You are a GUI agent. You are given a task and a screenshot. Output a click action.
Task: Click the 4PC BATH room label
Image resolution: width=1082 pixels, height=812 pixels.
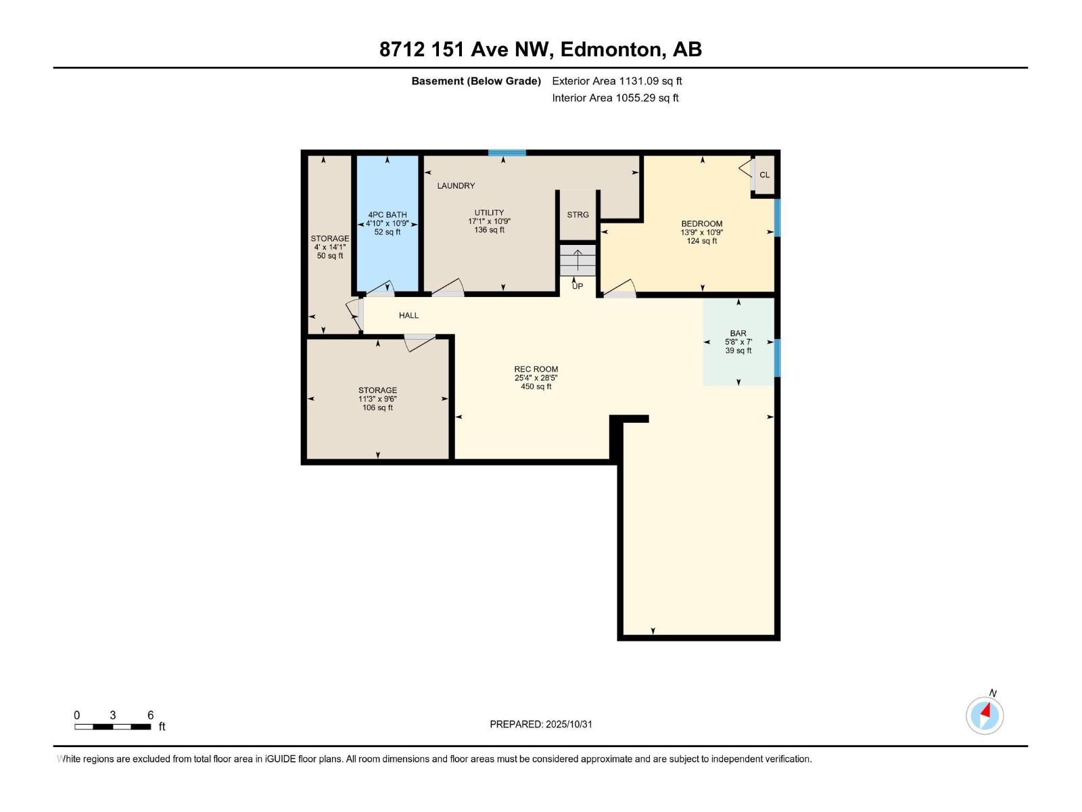click(x=387, y=215)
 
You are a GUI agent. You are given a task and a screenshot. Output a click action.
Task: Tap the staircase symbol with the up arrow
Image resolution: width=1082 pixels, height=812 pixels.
click(x=578, y=261)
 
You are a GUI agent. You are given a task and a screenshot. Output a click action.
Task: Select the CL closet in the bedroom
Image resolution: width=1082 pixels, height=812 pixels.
click(x=764, y=175)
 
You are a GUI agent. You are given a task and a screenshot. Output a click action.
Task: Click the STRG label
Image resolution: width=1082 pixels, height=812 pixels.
click(x=578, y=215)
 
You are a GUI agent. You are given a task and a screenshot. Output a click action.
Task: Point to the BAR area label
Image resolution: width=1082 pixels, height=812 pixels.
click(x=738, y=333)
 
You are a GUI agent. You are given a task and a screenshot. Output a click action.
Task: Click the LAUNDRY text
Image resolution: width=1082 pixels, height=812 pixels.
click(x=456, y=185)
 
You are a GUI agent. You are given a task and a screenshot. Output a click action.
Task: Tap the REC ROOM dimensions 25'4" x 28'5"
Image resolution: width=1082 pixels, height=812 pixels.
click(x=536, y=378)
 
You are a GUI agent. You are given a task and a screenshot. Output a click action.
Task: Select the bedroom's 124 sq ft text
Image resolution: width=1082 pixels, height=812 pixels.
click(x=702, y=241)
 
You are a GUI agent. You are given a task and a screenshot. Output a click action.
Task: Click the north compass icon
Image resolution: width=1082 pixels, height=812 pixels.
click(x=985, y=715)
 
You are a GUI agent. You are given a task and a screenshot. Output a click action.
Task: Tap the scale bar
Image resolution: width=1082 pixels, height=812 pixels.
click(x=112, y=727)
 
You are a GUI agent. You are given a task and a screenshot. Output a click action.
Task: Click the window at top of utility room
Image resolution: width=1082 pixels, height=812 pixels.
click(x=507, y=153)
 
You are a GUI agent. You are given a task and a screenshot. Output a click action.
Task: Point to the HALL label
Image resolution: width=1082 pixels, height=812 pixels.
click(x=408, y=315)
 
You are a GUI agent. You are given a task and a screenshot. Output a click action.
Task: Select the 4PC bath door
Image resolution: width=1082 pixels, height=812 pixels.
click(x=381, y=289)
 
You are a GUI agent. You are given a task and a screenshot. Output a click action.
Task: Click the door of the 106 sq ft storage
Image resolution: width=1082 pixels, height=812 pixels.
click(x=419, y=342)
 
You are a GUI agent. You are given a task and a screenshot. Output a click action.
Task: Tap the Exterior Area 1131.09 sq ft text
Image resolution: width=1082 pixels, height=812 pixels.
click(x=617, y=81)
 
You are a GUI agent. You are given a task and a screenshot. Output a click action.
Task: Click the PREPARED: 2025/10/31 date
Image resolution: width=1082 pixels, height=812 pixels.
click(x=541, y=724)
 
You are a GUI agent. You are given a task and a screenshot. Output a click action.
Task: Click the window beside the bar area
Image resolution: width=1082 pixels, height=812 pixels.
click(x=777, y=357)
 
